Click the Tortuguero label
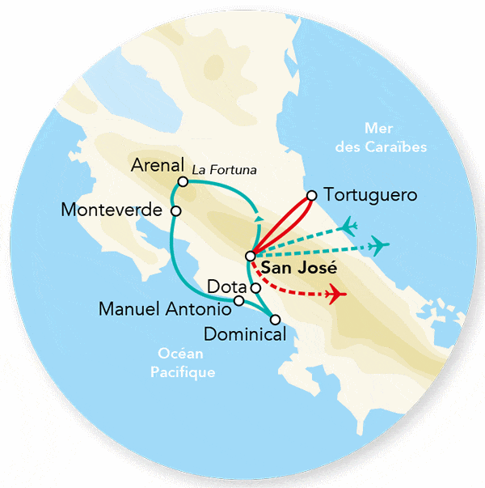(369, 195)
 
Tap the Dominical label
(245, 333)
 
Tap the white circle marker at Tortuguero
(312, 195)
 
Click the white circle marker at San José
(250, 257)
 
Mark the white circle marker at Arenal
(183, 182)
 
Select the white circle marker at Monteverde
(175, 210)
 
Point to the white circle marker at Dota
(255, 287)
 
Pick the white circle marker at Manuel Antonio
(238, 301)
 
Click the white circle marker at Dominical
(275, 319)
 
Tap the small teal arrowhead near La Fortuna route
(258, 217)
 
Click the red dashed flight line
(295, 287)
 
